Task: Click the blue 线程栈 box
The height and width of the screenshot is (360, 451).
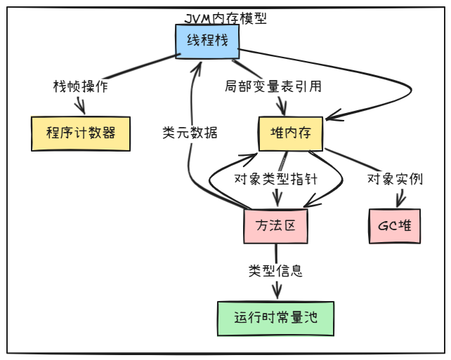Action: click(x=207, y=41)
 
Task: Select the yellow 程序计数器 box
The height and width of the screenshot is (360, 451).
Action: click(x=81, y=133)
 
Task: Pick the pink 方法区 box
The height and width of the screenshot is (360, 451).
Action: click(x=276, y=226)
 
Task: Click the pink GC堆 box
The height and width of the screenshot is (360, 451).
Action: click(x=394, y=226)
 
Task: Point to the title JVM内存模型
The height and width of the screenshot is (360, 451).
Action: click(x=224, y=18)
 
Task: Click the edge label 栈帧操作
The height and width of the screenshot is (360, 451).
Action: click(x=81, y=87)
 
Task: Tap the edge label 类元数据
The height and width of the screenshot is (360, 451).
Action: click(x=189, y=133)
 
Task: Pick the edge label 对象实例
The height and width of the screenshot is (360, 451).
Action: click(x=395, y=179)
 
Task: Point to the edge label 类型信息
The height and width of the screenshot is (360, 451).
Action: click(x=275, y=271)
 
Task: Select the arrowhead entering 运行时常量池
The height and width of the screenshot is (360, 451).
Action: click(x=275, y=298)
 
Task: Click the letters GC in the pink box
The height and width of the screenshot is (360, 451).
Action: click(x=387, y=226)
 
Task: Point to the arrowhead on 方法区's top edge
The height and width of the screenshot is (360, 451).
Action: click(x=277, y=206)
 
